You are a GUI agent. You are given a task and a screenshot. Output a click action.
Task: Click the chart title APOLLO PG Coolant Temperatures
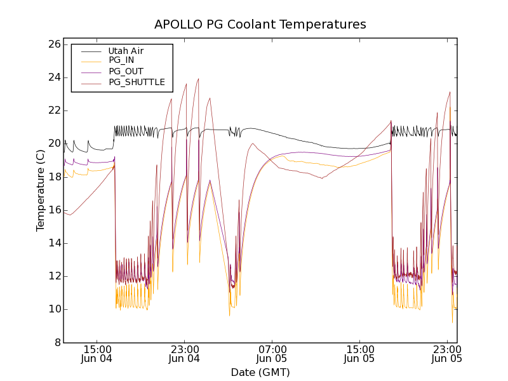(x=260, y=25)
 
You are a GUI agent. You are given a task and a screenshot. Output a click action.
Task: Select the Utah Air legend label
(x=126, y=51)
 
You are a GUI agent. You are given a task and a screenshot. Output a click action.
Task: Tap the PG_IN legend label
(x=121, y=60)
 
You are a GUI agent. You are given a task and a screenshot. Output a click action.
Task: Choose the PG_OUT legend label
(x=126, y=71)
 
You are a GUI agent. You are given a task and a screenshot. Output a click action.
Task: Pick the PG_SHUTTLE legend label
(x=137, y=82)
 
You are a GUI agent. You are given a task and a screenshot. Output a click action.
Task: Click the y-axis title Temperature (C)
(x=41, y=190)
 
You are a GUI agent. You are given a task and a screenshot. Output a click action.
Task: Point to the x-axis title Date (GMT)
(x=260, y=372)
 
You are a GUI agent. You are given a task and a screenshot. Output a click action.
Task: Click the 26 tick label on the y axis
(x=53, y=44)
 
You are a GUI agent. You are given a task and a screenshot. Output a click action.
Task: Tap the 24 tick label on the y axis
(x=53, y=77)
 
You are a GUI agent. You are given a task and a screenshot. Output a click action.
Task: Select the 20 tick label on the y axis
(x=53, y=144)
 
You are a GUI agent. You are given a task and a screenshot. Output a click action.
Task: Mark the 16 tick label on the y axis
(x=53, y=210)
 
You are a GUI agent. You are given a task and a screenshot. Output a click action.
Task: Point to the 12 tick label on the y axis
(x=53, y=276)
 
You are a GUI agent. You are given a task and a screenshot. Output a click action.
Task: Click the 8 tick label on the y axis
(x=57, y=342)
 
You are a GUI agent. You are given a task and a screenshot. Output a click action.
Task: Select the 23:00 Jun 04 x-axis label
(x=184, y=354)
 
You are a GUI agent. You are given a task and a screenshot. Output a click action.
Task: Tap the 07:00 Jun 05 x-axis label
(x=272, y=354)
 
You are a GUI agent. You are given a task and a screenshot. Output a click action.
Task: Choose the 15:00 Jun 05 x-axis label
(x=359, y=354)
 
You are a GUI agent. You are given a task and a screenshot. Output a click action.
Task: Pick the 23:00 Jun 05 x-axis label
(x=447, y=354)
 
